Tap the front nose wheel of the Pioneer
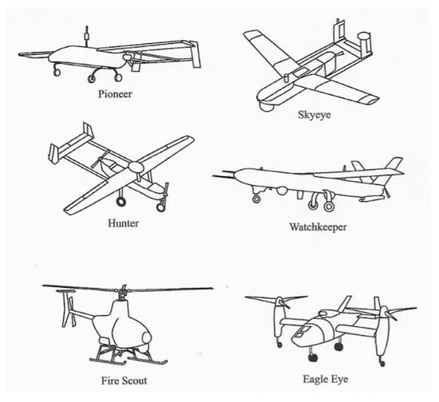[57, 74]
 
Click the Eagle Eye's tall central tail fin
[346, 305]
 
